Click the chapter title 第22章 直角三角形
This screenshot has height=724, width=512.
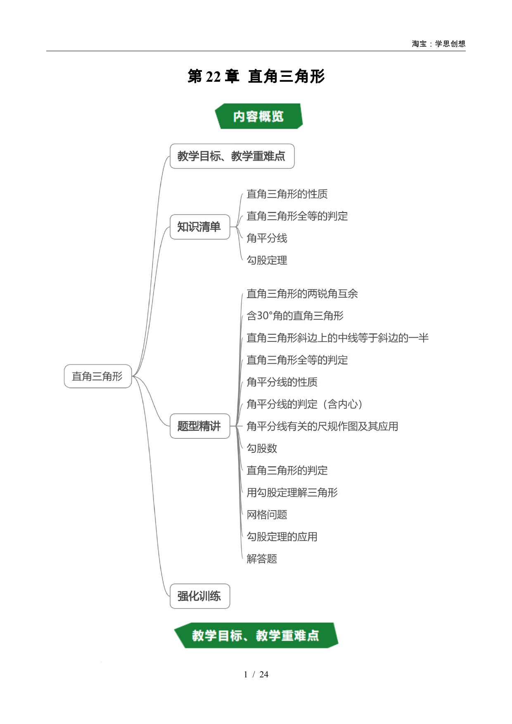(256, 76)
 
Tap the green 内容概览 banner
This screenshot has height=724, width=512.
(258, 116)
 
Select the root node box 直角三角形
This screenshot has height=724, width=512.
(98, 376)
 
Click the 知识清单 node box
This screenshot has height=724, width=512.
(200, 227)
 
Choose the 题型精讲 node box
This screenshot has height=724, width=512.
(200, 426)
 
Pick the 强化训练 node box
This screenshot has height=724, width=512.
(200, 596)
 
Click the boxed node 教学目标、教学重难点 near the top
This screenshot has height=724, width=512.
(232, 156)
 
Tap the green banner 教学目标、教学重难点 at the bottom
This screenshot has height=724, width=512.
(256, 635)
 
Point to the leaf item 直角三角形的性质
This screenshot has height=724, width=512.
(287, 194)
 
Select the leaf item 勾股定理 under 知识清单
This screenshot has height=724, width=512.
(267, 260)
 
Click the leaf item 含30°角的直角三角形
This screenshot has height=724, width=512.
(295, 316)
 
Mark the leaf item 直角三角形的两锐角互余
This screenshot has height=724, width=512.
(302, 293)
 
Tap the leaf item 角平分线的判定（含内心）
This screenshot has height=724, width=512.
(305, 404)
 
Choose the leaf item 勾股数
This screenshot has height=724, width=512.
(262, 448)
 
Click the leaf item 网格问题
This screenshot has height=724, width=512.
(267, 515)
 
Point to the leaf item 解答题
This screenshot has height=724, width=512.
(262, 559)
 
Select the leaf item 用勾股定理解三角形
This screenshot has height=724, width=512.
(292, 492)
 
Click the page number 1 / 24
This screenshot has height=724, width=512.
(256, 674)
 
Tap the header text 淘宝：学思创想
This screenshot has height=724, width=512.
(439, 44)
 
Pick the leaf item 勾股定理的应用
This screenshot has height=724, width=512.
(282, 537)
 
